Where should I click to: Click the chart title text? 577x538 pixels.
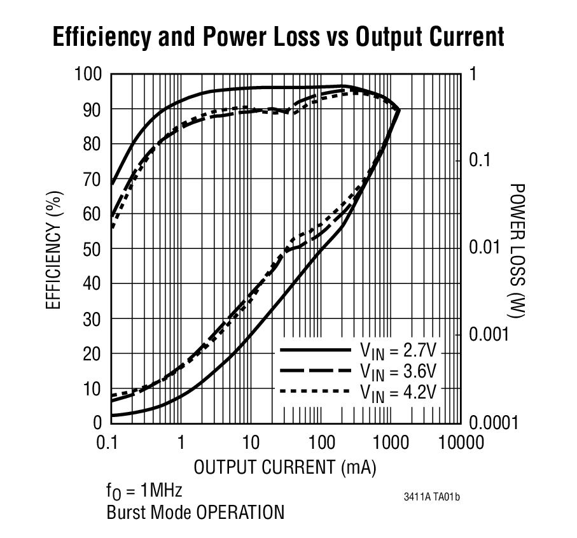[279, 37]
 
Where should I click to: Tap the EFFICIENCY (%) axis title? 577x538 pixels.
[54, 249]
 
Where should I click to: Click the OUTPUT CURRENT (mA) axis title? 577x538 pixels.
[285, 467]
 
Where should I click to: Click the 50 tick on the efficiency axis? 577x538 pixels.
[94, 249]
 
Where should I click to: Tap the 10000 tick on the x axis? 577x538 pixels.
[460, 442]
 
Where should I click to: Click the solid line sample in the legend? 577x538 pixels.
[316, 350]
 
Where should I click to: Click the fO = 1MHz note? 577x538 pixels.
[144, 492]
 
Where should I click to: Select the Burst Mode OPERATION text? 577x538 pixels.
[195, 513]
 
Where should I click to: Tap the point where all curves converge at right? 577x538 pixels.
[399, 110]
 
